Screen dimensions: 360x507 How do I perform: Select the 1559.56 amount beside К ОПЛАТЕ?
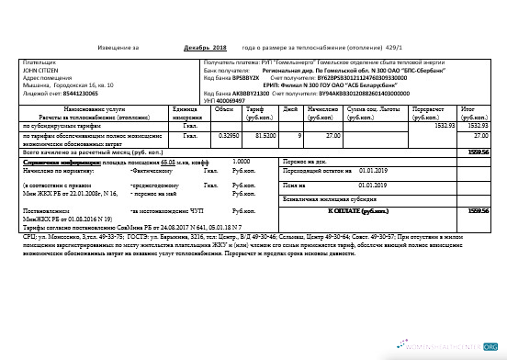click(478, 210)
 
